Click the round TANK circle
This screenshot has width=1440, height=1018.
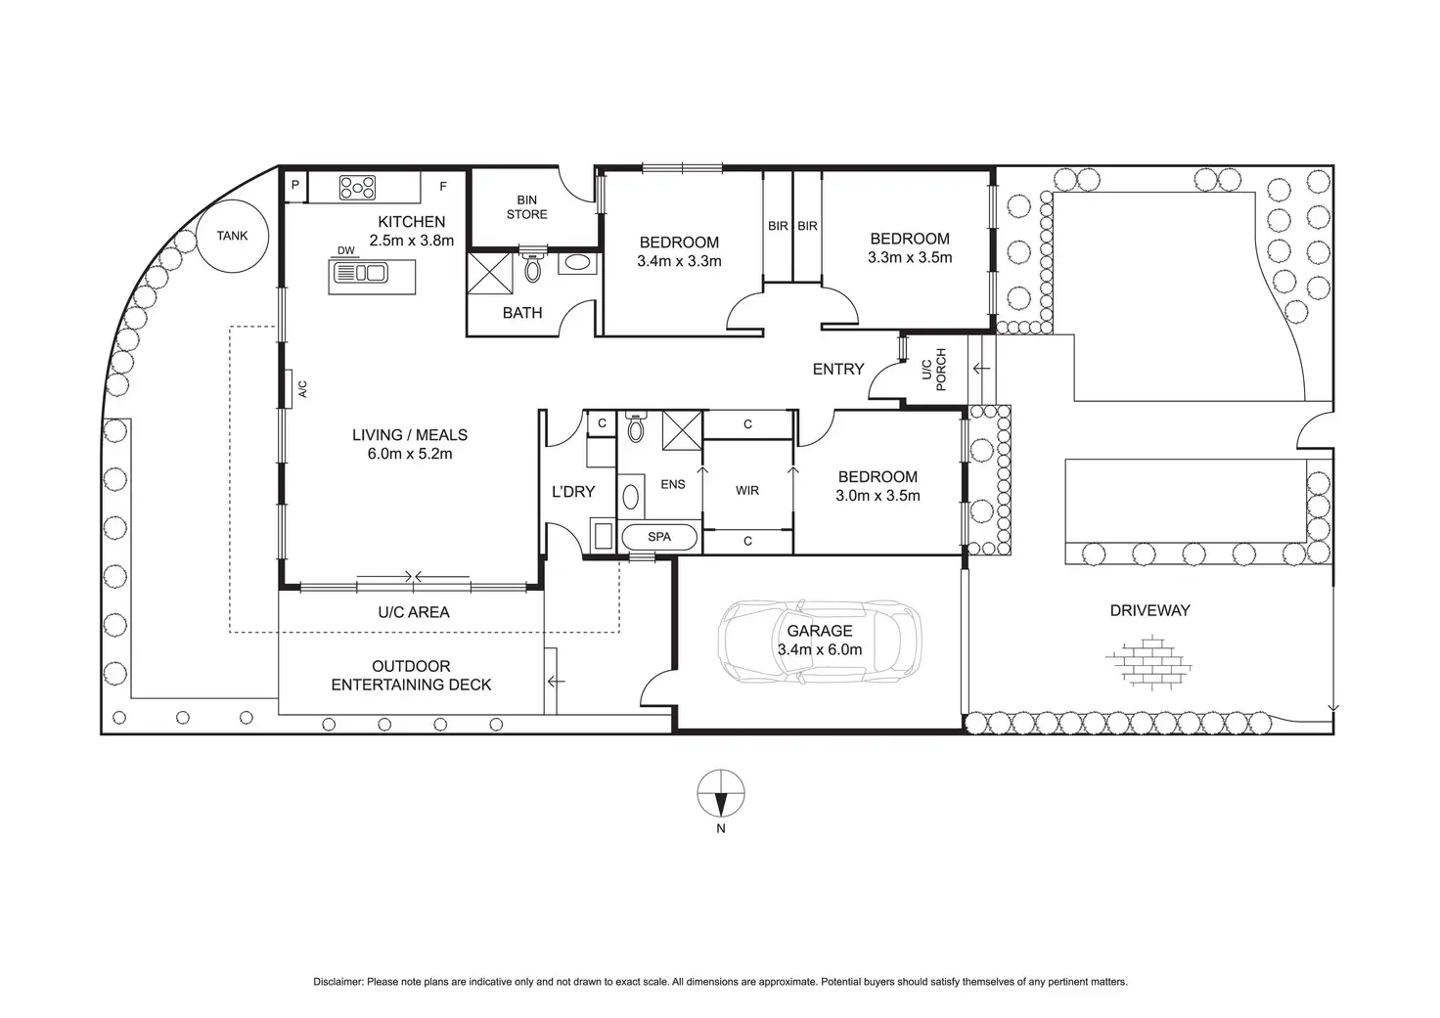[x=232, y=236]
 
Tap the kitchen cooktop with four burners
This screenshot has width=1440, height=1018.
[x=357, y=188]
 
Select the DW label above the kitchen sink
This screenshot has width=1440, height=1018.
[x=346, y=250]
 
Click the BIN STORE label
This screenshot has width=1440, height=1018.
[x=526, y=207]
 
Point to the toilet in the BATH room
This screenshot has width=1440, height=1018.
[x=533, y=265]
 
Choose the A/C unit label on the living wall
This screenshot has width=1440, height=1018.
[x=303, y=389]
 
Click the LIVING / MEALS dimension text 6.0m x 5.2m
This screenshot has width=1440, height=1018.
[x=410, y=454]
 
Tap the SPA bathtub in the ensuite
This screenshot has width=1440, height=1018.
[x=659, y=537]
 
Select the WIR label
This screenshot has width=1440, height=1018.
[x=747, y=491]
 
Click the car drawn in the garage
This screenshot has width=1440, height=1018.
[x=820, y=642]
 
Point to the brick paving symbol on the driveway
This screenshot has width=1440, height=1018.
[x=1148, y=663]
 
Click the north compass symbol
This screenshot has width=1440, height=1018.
[x=721, y=793]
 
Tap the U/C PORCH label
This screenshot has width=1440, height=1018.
[x=934, y=370]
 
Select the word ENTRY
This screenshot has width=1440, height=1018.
[x=838, y=369]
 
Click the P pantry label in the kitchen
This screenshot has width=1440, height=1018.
[x=295, y=185]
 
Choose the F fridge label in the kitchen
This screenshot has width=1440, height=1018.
[x=443, y=187]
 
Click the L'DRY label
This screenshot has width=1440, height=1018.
[x=573, y=492]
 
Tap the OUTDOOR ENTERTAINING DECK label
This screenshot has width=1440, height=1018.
[x=411, y=676]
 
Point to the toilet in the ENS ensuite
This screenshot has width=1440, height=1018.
[x=635, y=426]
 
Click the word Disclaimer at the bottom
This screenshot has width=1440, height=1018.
[x=337, y=982]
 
